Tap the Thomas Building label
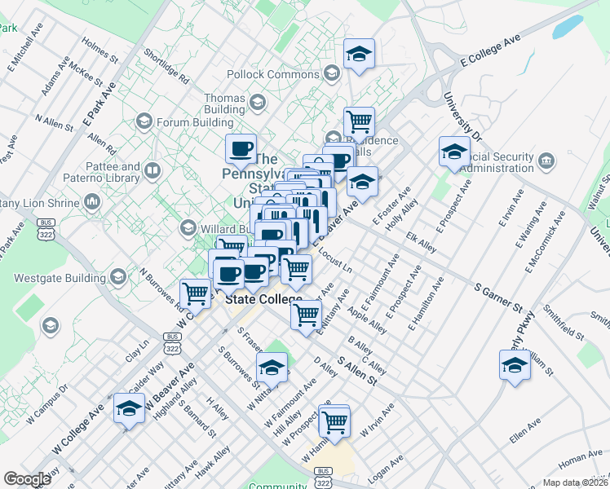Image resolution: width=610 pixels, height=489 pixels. pyautogui.click(x=224, y=104)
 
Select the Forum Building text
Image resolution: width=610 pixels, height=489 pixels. pyautogui.click(x=195, y=123)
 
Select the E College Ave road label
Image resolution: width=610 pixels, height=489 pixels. pyautogui.click(x=490, y=50)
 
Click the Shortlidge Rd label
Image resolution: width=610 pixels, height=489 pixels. pyautogui.click(x=166, y=68)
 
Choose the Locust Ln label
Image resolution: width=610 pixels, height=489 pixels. pyautogui.click(x=336, y=260)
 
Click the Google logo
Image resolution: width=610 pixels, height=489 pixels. pyautogui.click(x=27, y=479)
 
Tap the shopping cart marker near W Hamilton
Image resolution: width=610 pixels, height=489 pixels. pyautogui.click(x=334, y=422)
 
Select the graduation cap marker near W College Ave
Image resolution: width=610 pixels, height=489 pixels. pyautogui.click(x=129, y=409)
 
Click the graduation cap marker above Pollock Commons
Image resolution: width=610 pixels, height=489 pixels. pyautogui.click(x=359, y=55)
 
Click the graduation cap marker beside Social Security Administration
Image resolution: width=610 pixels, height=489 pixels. pyautogui.click(x=454, y=152)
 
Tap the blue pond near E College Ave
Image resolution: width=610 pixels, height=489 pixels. pyautogui.click(x=567, y=27)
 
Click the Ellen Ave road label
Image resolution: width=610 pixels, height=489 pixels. pyautogui.click(x=524, y=430)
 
